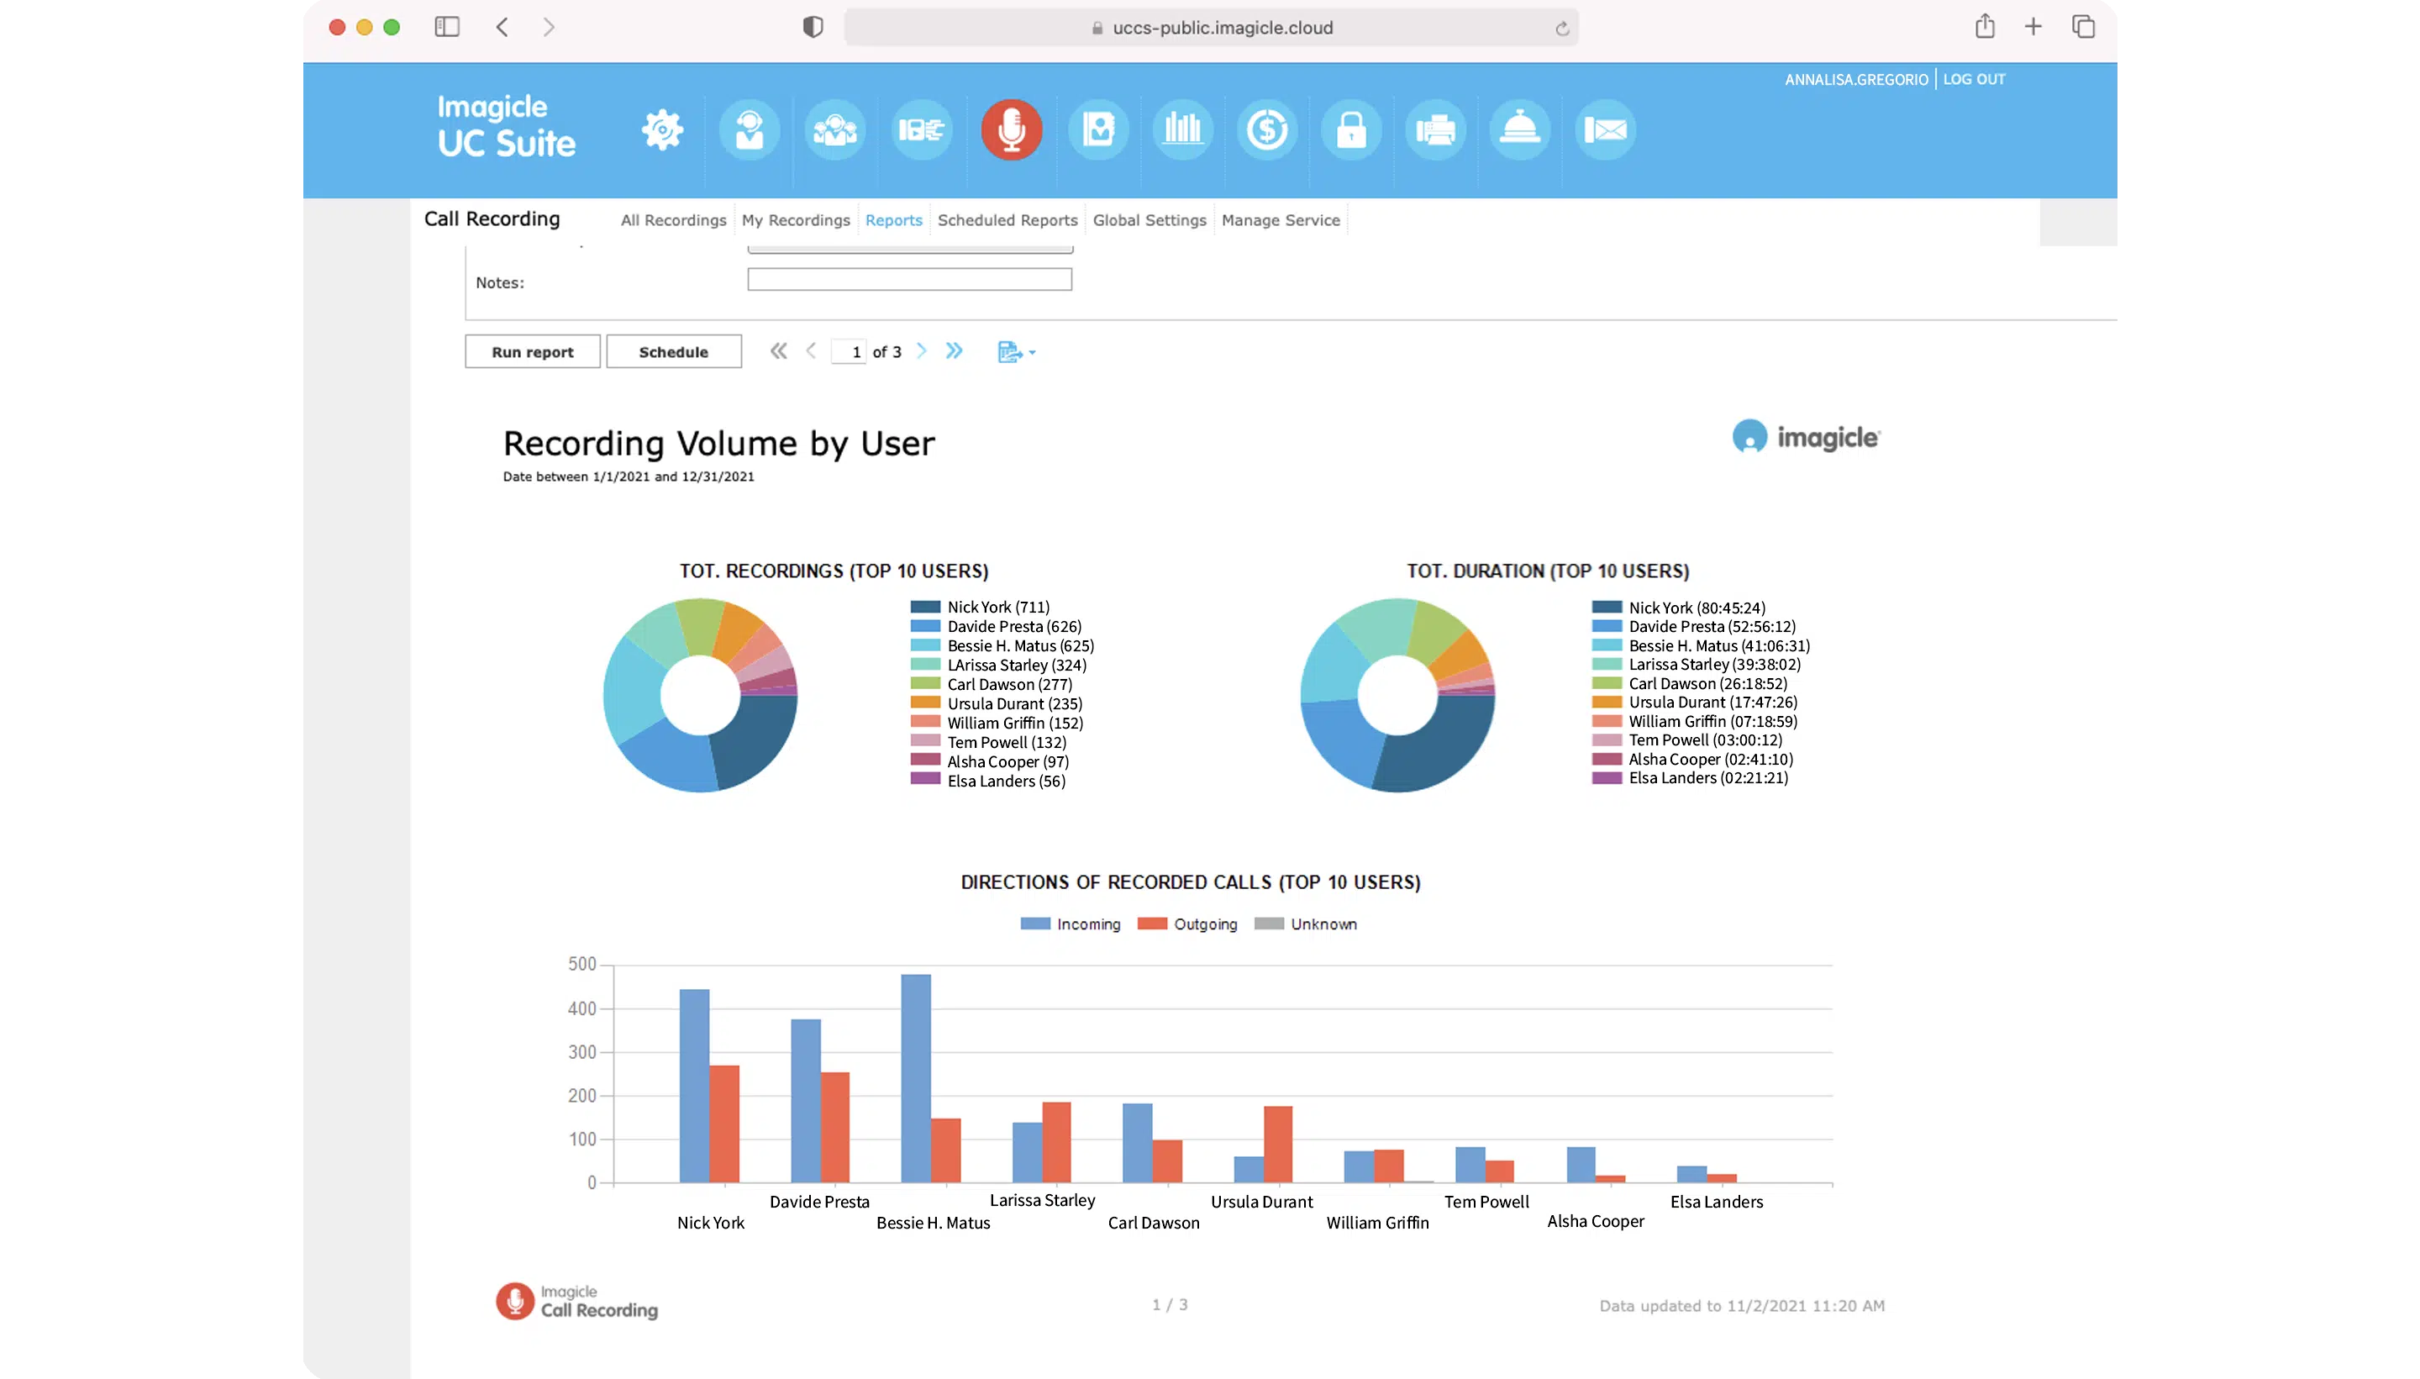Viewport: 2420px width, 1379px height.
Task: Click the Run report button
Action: (x=532, y=351)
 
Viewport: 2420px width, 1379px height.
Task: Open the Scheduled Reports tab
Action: (x=1007, y=219)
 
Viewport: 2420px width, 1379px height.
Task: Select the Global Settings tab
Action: (x=1149, y=219)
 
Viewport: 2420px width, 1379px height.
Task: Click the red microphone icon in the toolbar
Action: (x=1010, y=129)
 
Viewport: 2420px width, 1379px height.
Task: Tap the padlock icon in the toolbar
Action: (x=1350, y=129)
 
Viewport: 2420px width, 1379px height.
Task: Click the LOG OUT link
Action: (x=1973, y=80)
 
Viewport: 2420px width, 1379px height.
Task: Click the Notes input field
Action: (x=909, y=279)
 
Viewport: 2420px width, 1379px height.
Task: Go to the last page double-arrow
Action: (x=954, y=351)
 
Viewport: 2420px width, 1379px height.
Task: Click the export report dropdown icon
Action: (x=1015, y=352)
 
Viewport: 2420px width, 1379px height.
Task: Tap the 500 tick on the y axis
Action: (x=581, y=964)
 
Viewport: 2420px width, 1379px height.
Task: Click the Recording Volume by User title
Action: (x=718, y=443)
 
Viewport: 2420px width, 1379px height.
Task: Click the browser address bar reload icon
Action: (x=1561, y=29)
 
